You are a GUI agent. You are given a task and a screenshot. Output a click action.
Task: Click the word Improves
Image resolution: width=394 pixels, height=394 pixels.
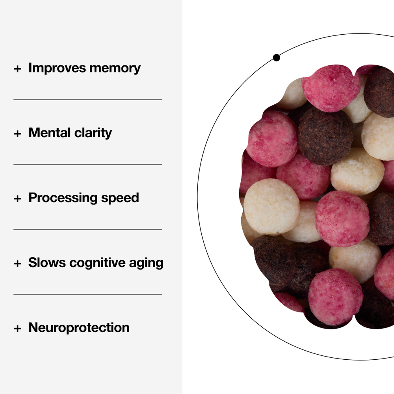(58, 68)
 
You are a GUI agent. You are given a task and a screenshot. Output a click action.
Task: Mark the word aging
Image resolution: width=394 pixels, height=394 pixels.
(146, 263)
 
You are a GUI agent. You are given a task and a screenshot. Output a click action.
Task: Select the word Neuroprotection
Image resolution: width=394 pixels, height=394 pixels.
(79, 327)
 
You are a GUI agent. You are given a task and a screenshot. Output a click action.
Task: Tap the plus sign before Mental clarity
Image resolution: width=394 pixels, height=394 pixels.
(17, 134)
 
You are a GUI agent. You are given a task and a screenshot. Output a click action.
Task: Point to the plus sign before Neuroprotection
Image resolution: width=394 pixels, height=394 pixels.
(17, 328)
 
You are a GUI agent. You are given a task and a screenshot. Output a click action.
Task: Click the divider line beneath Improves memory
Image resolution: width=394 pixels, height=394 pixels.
(87, 100)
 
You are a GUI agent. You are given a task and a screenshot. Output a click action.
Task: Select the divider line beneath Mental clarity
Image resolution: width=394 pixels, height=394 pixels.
(87, 164)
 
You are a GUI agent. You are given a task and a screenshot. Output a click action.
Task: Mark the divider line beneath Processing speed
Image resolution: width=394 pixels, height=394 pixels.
(87, 229)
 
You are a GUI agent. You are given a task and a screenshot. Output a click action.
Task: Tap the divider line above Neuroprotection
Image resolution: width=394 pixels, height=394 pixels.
(87, 294)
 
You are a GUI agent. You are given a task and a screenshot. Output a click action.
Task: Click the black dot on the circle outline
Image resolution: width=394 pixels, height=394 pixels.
(276, 58)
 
